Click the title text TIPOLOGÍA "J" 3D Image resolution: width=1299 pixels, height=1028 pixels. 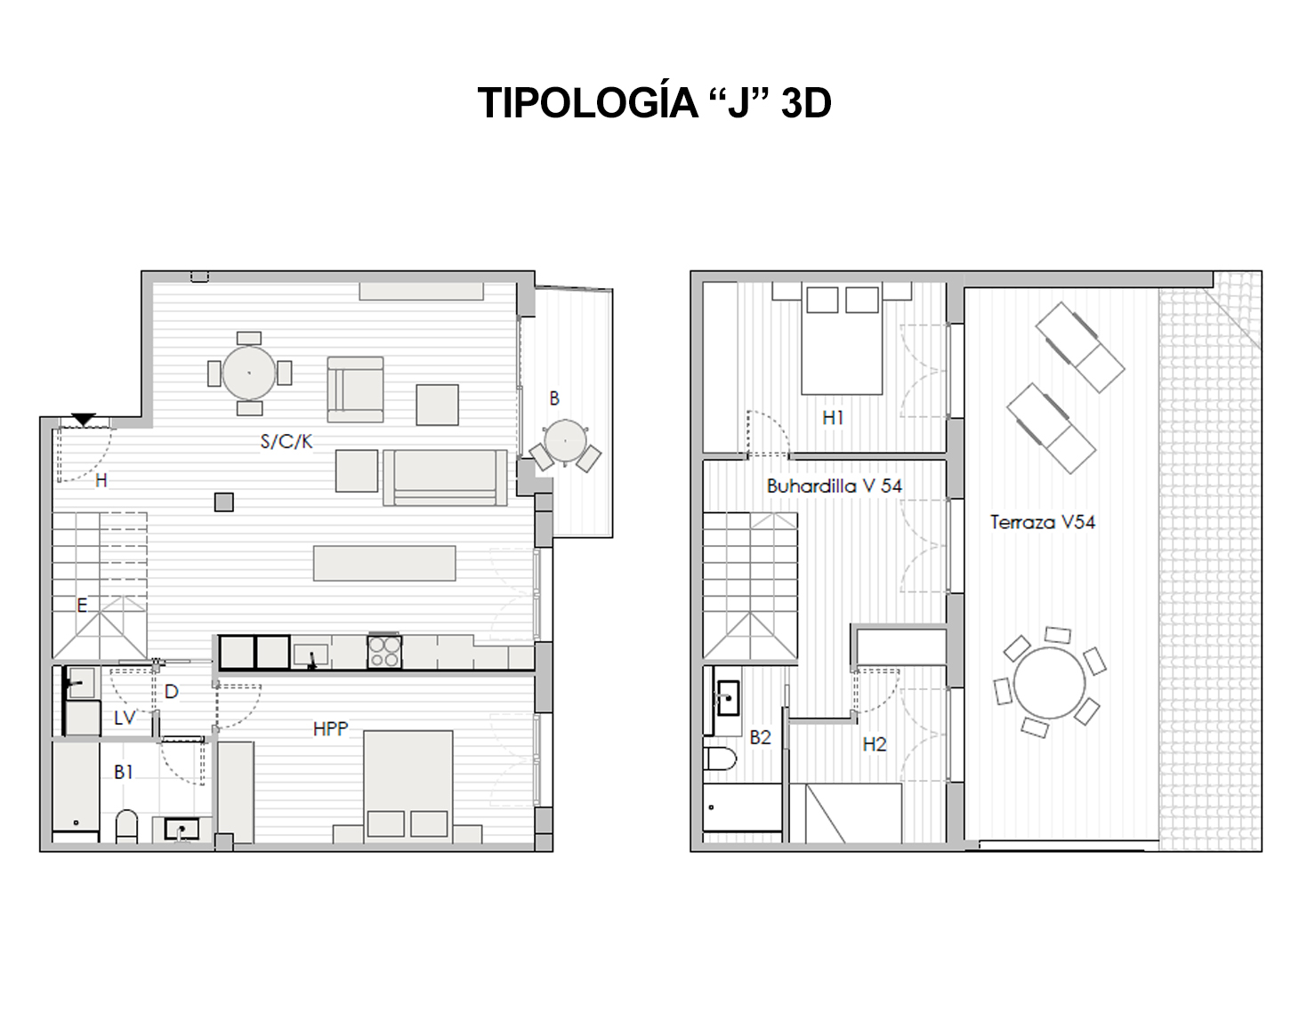[654, 102]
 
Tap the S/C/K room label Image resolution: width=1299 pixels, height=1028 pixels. [286, 442]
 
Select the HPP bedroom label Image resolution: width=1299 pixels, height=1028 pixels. [331, 729]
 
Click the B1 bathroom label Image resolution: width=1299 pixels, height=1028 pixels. [124, 772]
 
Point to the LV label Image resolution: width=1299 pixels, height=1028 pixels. [125, 718]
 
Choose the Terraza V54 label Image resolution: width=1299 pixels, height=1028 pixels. [1043, 522]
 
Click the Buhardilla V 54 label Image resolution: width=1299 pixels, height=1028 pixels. [835, 486]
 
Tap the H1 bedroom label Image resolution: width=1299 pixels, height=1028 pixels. [833, 417]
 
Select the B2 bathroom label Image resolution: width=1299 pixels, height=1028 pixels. [761, 737]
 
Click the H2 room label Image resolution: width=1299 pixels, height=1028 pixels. [875, 744]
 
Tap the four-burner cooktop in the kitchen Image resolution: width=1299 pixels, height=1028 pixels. [384, 652]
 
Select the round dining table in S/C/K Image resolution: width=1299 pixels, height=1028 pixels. [249, 373]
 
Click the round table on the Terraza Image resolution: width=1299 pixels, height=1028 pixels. [1049, 683]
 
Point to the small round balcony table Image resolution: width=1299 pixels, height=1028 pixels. [566, 441]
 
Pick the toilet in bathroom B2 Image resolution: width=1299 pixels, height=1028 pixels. [720, 759]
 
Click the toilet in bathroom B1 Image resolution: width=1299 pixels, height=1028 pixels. [126, 826]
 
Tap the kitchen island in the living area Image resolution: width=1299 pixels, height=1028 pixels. [384, 563]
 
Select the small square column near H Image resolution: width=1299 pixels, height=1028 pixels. [224, 502]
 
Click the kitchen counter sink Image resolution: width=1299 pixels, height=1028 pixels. [311, 655]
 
